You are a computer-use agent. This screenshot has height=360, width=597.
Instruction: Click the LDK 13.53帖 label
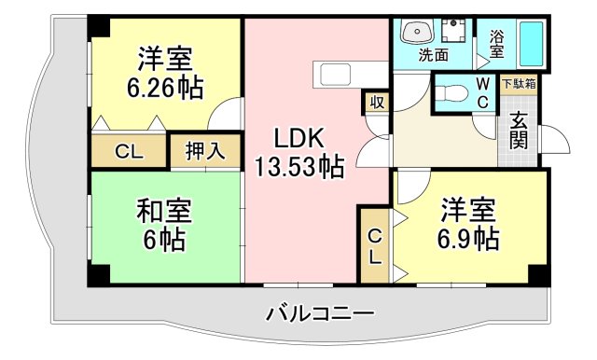click(298, 154)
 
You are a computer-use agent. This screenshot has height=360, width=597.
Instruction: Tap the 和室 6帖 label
click(163, 224)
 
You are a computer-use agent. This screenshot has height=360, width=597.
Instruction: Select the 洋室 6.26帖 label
click(165, 75)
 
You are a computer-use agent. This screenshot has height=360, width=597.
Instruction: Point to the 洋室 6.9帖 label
click(468, 223)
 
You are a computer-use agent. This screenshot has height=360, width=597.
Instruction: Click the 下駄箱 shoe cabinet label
click(519, 84)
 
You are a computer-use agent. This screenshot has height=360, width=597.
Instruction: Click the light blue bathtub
click(533, 43)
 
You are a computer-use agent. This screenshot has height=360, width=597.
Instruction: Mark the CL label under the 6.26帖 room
click(129, 152)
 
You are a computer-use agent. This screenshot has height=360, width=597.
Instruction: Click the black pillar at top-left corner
click(97, 26)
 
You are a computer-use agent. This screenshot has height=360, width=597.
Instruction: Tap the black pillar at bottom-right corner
click(537, 274)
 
